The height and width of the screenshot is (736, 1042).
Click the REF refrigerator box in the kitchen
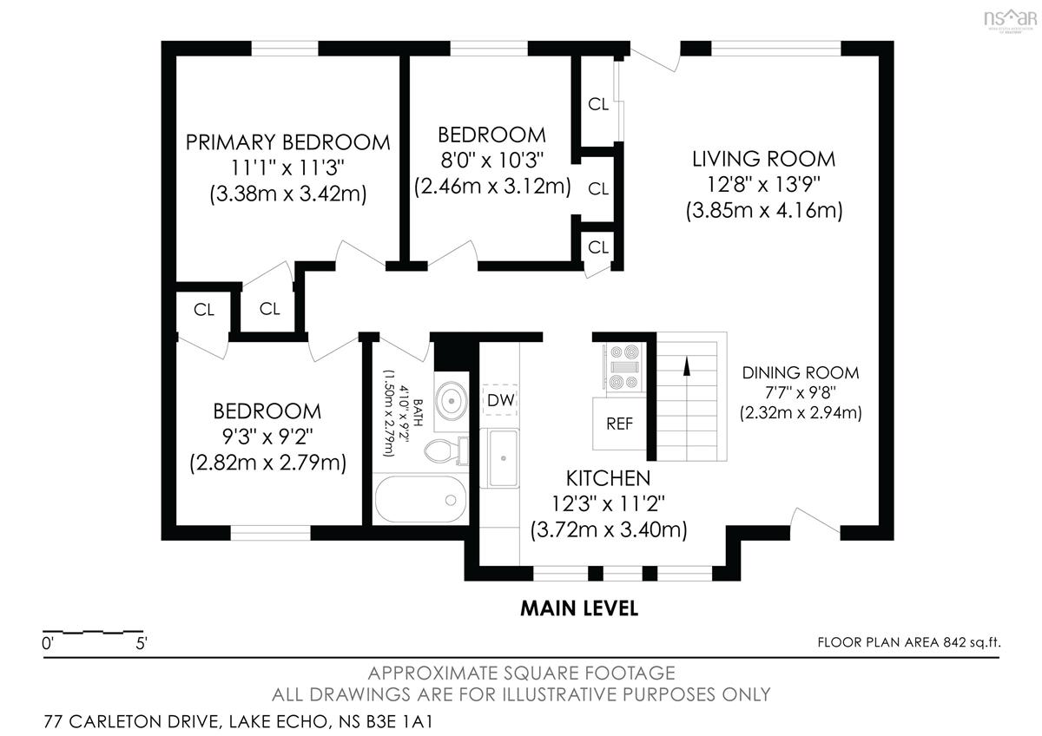[x=619, y=424]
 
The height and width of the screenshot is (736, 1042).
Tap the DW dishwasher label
[x=500, y=400]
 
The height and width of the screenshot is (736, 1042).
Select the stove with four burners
[x=624, y=367]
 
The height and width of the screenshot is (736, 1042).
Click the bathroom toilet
[x=445, y=451]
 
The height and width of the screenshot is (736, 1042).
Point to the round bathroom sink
[x=452, y=400]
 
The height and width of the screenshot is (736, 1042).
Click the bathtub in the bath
[x=420, y=499]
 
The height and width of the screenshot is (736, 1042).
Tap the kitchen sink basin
[x=503, y=458]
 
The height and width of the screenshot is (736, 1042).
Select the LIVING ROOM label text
[x=764, y=159]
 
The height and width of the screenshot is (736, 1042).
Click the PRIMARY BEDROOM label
[x=288, y=142]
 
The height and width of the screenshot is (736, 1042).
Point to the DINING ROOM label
[x=801, y=373]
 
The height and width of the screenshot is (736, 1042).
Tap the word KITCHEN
[x=608, y=478]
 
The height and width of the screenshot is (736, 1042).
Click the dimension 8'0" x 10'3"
[x=491, y=161]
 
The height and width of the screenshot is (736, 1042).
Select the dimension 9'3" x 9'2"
[x=267, y=437]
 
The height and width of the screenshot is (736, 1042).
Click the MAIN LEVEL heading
[x=579, y=608]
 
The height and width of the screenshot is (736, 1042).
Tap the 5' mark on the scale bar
[x=142, y=643]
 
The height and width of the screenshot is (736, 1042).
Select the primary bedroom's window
[x=285, y=49]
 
